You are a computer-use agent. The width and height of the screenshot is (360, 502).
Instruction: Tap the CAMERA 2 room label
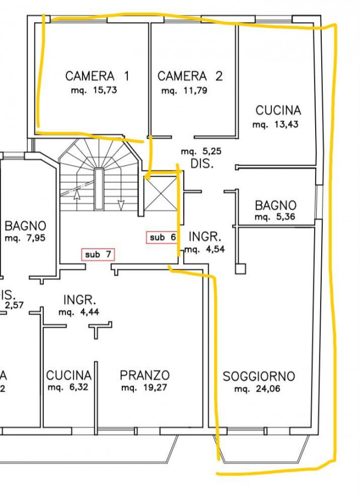pos(189,76)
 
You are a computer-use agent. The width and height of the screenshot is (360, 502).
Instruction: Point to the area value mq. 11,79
pos(184,90)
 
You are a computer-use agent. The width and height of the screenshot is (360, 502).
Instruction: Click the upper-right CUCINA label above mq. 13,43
pos(278,110)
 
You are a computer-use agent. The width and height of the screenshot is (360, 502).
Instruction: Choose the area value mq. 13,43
pos(275,125)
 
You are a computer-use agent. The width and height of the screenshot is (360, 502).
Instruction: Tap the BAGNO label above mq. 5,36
pos(275,206)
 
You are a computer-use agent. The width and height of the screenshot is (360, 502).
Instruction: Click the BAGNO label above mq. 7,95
pos(25,226)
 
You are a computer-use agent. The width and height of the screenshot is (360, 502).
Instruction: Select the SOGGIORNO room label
pos(259,376)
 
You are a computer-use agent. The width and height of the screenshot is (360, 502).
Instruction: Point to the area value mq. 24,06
pos(258,390)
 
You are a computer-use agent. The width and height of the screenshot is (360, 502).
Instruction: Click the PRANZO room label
pos(145,375)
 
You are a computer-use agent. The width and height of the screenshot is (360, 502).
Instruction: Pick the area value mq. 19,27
pos(144,388)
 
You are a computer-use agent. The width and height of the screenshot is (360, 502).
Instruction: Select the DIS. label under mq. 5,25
pos(202,165)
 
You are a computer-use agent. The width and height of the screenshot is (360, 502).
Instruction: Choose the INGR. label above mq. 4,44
pos(80,300)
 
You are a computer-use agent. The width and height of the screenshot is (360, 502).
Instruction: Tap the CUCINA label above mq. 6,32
pos(69,375)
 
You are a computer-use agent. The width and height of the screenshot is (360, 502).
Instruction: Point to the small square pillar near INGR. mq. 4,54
pos(240,269)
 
